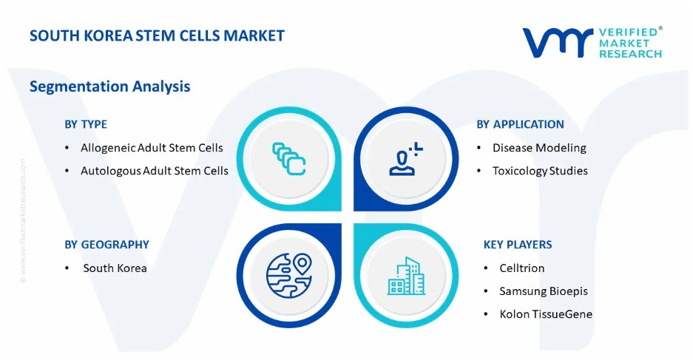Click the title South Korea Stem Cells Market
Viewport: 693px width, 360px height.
pos(157,35)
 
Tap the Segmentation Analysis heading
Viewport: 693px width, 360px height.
pos(109,86)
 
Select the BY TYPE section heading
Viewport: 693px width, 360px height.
pos(86,124)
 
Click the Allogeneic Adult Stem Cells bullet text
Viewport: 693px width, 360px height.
pos(152,148)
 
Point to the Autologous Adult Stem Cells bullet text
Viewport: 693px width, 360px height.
pos(155,171)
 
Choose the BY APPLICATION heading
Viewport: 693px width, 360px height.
pos(520,124)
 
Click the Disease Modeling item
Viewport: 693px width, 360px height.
pos(539,148)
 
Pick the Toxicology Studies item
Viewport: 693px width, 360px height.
pos(540,171)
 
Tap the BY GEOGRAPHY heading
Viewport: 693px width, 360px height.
pos(107,244)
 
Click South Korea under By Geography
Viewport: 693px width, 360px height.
pos(115,268)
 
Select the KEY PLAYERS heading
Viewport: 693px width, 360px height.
pos(518,244)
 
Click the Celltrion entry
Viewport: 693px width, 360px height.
pos(522,268)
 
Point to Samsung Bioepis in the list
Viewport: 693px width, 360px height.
pos(544,291)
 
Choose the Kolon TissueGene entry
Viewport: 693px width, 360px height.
pos(546,314)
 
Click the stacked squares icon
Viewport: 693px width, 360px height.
pos(289,159)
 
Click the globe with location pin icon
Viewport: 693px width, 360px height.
pos(289,275)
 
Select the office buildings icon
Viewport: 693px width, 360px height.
pos(406,276)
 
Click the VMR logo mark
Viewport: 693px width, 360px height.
pos(558,43)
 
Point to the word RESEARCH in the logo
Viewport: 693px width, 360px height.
pos(630,54)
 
